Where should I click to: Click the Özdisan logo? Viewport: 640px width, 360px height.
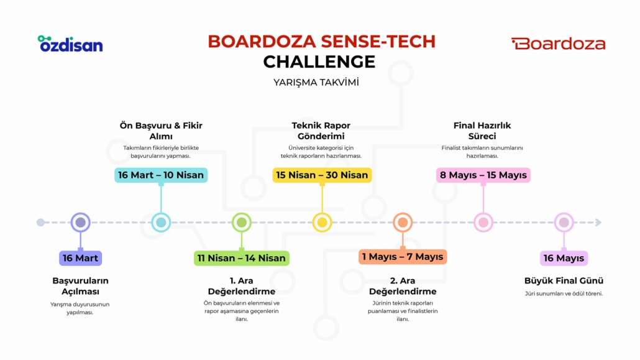click(x=70, y=44)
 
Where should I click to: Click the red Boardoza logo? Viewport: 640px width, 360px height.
click(x=558, y=44)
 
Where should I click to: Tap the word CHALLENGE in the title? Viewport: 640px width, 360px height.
click(x=319, y=62)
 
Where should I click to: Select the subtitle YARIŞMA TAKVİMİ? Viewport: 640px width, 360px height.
click(x=316, y=82)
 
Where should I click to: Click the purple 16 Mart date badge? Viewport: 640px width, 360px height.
click(x=80, y=258)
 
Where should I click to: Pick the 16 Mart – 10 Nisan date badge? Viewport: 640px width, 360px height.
click(x=161, y=175)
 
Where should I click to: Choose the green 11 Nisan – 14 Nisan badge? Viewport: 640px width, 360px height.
click(x=242, y=258)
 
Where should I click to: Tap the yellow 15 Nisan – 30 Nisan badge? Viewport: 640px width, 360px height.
click(x=322, y=175)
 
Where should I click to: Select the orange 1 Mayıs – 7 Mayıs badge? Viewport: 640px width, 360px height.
click(x=403, y=257)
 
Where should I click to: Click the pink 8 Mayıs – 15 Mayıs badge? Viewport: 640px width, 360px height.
click(x=483, y=175)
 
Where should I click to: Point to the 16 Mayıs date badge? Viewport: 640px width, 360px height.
click(x=564, y=258)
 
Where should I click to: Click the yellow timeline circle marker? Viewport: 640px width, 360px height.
click(x=322, y=223)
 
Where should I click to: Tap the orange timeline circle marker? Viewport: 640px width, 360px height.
click(x=403, y=223)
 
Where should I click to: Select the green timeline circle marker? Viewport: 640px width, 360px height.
click(x=242, y=223)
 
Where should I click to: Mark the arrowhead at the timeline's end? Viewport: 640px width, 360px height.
click(x=598, y=223)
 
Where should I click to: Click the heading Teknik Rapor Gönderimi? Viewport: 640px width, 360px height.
click(x=321, y=131)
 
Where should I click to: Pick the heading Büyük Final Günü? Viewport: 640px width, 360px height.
click(x=564, y=281)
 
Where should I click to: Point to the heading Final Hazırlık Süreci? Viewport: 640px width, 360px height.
click(x=482, y=131)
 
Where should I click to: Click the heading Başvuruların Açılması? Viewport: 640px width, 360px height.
click(x=80, y=286)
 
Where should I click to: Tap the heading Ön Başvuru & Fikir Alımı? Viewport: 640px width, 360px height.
click(x=161, y=131)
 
